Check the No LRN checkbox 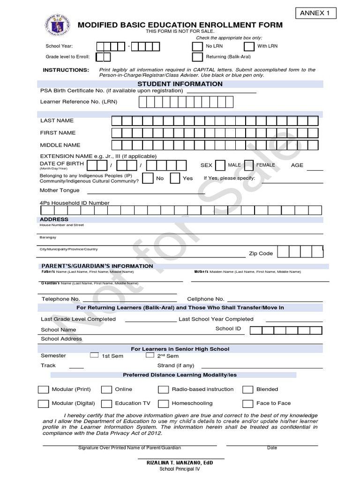(197, 46)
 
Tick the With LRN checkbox (249, 46)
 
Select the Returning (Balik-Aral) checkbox (197, 57)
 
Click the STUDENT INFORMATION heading (180, 84)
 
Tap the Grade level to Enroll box (103, 57)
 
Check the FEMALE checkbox (249, 165)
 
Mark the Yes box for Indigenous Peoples (175, 178)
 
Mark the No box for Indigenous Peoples (147, 178)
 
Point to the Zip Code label (261, 254)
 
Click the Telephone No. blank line (129, 299)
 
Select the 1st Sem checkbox (94, 355)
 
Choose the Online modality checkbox (107, 390)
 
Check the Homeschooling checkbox (163, 404)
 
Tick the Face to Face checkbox (248, 404)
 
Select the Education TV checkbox (107, 404)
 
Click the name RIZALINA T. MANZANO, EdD (180, 463)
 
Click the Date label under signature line (272, 448)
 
